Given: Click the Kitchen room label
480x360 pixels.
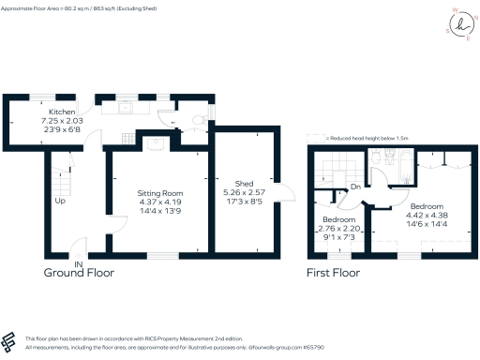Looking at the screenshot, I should pyautogui.click(x=50, y=112).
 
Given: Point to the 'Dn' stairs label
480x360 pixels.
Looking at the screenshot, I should pyautogui.click(x=354, y=186).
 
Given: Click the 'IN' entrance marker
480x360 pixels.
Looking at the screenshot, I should pyautogui.click(x=80, y=265).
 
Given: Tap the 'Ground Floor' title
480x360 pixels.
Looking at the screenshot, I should pyautogui.click(x=80, y=274).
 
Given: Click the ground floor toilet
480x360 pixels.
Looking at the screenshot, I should pyautogui.click(x=195, y=119).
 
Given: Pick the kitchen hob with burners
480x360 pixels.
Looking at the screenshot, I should pyautogui.click(x=142, y=106).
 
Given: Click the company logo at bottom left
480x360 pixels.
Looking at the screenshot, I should pyautogui.click(x=10, y=340).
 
